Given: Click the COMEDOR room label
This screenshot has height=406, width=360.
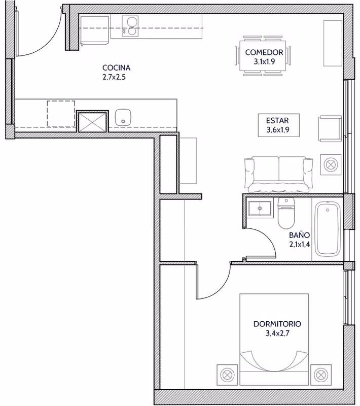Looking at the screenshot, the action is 264,52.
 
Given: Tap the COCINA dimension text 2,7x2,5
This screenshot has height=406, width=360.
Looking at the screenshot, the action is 114,77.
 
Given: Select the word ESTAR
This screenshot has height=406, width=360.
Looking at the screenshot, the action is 277,121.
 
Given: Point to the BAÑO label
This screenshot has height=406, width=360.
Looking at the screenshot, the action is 299,235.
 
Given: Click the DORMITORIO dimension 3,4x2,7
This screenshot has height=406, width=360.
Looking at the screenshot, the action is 277,333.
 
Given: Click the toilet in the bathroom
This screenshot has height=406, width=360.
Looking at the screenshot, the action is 286,213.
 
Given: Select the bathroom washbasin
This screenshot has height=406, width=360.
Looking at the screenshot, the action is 260,208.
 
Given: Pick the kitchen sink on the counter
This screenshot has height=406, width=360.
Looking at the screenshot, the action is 123,117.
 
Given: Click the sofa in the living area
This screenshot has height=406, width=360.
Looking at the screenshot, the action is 278,174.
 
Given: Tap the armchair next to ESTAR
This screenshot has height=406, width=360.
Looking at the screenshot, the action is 330,128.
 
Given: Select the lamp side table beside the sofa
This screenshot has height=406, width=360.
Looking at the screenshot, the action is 331,164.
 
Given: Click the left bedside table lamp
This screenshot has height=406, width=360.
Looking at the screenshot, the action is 227,375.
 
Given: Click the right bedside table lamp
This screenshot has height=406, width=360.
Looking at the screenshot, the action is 320,375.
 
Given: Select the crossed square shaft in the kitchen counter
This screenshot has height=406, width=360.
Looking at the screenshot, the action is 92,121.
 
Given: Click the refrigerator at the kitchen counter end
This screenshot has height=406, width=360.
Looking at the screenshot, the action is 94,30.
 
